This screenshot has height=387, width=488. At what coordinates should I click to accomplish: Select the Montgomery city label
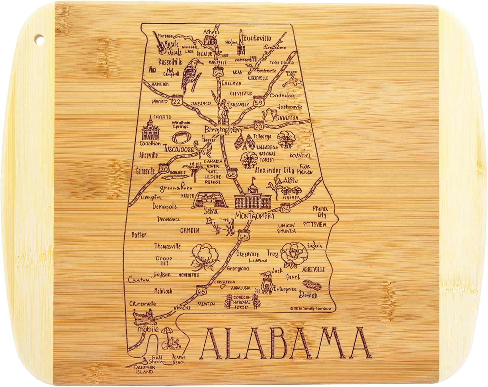[x=255, y=216]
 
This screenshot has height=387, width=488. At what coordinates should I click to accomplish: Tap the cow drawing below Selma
[x=220, y=225]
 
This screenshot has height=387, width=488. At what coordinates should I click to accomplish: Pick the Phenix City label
[x=320, y=212]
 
